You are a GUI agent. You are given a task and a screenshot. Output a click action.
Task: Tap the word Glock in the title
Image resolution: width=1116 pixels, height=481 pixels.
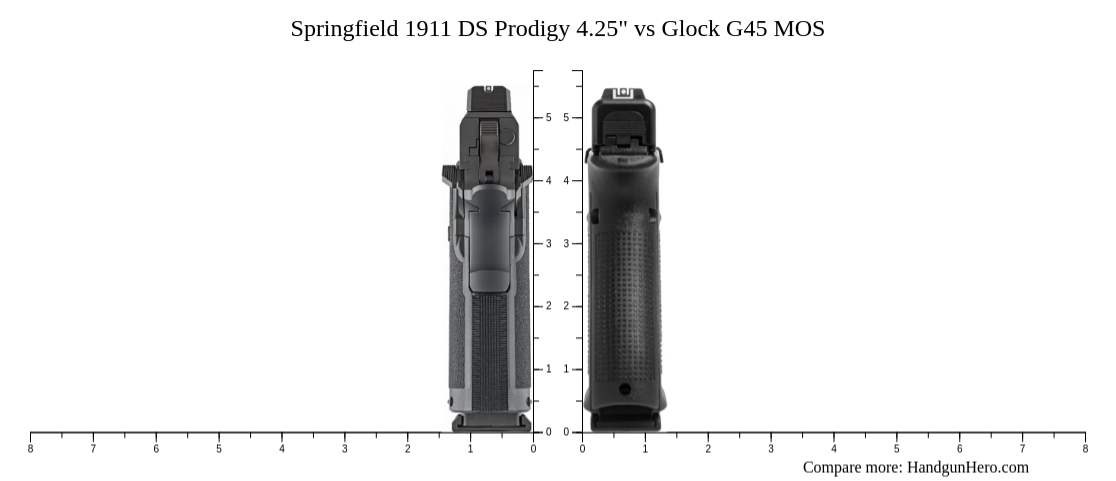(x=690, y=29)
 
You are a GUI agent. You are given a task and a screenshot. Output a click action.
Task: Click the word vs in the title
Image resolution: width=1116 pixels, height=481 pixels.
(x=644, y=29)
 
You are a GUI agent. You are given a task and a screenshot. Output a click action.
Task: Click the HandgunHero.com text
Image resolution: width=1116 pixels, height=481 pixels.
(x=967, y=467)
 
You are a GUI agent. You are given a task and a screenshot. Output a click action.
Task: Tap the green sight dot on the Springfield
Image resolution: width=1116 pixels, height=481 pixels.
(x=488, y=89)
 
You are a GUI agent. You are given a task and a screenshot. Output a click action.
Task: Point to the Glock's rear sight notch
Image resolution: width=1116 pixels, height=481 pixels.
(x=623, y=93)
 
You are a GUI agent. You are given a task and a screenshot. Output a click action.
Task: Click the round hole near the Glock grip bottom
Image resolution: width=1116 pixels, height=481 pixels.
(x=625, y=389)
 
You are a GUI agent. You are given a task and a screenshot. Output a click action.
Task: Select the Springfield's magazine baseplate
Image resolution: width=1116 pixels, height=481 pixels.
(x=490, y=423)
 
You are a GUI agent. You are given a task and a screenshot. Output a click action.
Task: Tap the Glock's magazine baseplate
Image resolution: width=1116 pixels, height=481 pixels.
(x=625, y=422)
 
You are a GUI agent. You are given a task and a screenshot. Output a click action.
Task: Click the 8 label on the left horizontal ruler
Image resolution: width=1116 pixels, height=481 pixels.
(x=31, y=449)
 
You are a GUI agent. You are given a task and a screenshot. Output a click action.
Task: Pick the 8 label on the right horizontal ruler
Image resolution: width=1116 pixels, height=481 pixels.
(x=1085, y=449)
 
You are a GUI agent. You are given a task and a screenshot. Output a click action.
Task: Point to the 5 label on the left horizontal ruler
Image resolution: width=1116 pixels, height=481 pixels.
(x=219, y=449)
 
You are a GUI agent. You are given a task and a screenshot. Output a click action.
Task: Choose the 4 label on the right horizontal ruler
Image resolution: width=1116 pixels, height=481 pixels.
(x=834, y=449)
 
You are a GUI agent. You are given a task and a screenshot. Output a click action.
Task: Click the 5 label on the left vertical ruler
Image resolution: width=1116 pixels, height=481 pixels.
(x=548, y=118)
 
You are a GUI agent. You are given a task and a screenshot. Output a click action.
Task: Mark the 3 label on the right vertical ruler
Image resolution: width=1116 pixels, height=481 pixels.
(x=566, y=244)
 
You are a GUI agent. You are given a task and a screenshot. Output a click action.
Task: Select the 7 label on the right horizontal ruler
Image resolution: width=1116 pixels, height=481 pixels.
(x=1022, y=449)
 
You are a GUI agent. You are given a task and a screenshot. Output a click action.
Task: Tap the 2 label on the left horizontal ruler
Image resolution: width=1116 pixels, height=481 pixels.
(x=408, y=449)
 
